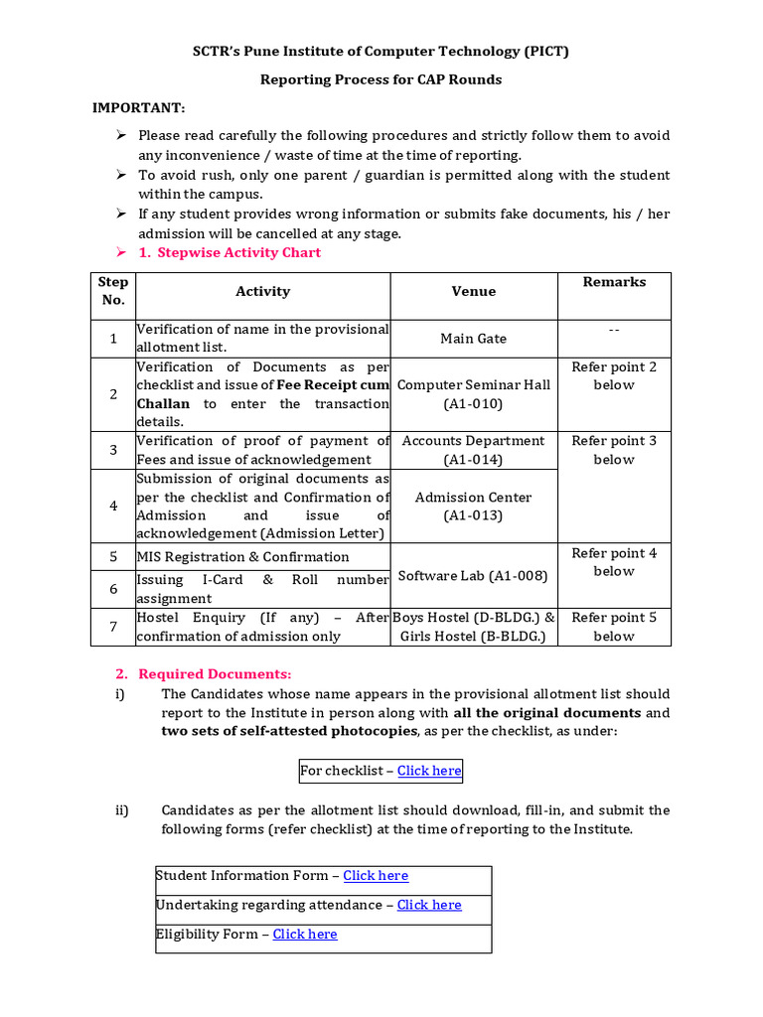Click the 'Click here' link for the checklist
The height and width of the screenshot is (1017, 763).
tap(429, 771)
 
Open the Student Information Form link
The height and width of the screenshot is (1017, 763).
tap(376, 876)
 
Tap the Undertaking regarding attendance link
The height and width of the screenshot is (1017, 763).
tap(429, 905)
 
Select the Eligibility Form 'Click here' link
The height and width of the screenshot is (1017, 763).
tap(305, 935)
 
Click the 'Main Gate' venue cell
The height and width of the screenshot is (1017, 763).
tap(473, 339)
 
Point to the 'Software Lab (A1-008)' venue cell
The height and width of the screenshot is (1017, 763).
tap(473, 576)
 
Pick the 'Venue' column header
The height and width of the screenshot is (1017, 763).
tap(473, 292)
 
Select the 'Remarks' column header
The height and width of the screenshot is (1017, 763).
tap(614, 283)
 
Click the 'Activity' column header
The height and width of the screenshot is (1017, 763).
tap(262, 292)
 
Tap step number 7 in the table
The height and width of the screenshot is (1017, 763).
tap(113, 627)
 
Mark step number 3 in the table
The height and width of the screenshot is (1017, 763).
tap(113, 450)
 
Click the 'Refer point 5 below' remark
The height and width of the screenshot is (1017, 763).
tap(614, 627)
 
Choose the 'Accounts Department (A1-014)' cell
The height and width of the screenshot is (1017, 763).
tap(473, 450)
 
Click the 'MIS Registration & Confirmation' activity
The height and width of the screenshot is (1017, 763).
tap(243, 557)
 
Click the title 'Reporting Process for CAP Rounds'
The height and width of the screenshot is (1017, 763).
tap(381, 79)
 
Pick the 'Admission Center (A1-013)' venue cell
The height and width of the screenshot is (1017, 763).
tap(473, 507)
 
